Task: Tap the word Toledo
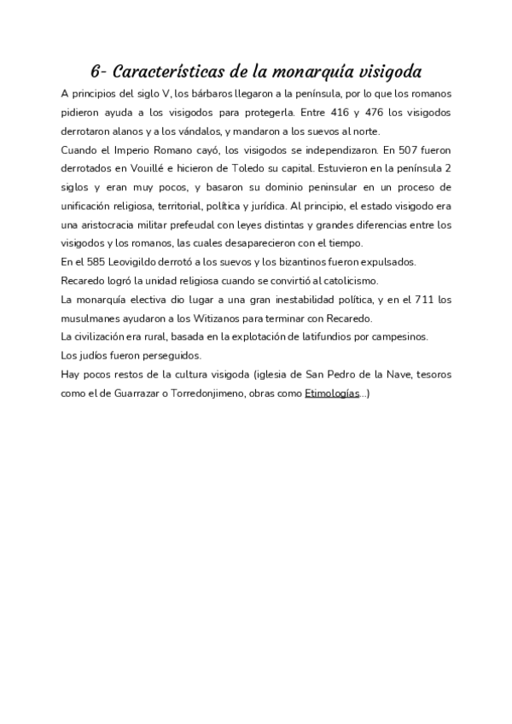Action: pyautogui.click(x=253, y=168)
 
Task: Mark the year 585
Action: pyautogui.click(x=98, y=261)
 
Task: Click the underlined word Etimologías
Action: pyautogui.click(x=331, y=393)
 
